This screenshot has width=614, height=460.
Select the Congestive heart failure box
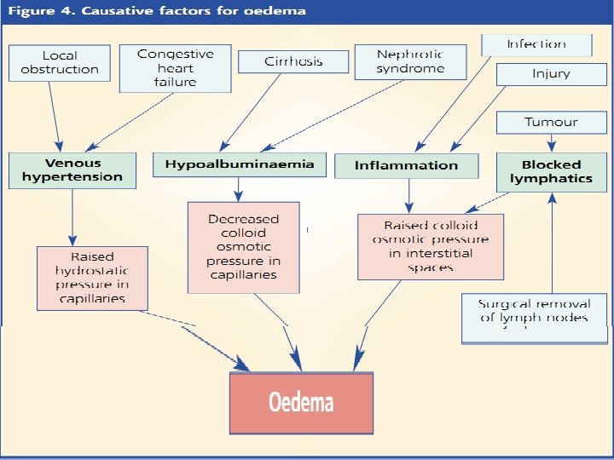[x=176, y=67]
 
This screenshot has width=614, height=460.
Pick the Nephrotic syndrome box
[x=410, y=61]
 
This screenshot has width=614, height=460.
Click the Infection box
[x=536, y=44]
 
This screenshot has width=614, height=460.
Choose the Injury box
[x=550, y=74]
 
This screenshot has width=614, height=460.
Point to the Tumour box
[x=550, y=122]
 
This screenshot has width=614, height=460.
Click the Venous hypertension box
[x=72, y=170]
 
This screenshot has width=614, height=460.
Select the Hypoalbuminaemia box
[x=239, y=164]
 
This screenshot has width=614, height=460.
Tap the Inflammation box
[x=407, y=165]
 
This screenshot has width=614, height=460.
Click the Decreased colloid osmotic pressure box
[x=243, y=247]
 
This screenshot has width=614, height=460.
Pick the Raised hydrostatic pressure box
[x=92, y=278]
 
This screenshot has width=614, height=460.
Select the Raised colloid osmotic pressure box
[x=430, y=246]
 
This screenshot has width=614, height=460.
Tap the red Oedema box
[x=301, y=402]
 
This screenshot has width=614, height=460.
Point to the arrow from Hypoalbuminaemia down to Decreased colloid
[x=239, y=188]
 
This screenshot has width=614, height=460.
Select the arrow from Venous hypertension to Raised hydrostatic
[x=72, y=217]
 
